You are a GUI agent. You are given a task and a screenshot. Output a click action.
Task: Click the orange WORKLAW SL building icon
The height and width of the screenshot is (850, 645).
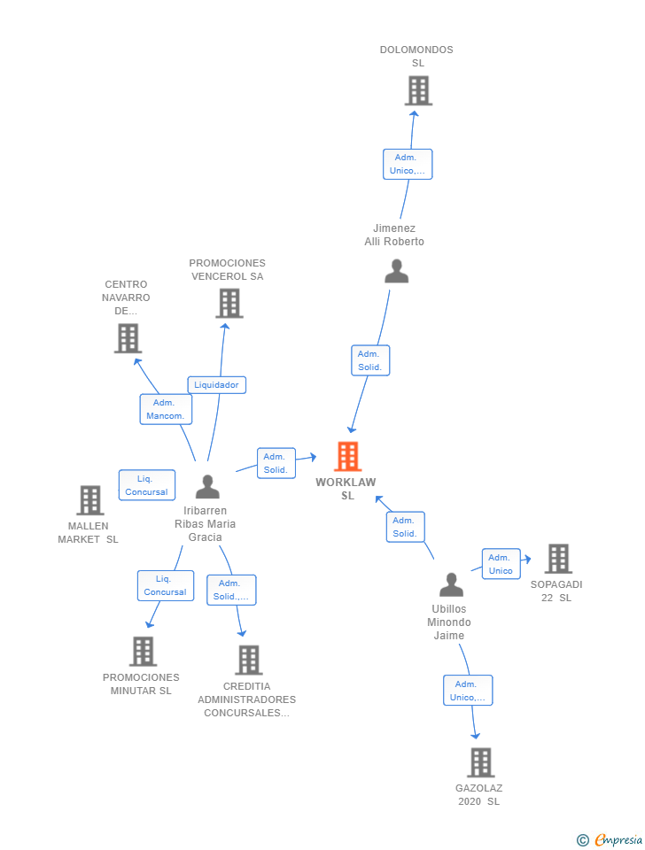pyautogui.click(x=347, y=456)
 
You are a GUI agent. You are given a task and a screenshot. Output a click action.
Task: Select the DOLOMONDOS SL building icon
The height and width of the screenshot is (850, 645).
pyautogui.click(x=417, y=90)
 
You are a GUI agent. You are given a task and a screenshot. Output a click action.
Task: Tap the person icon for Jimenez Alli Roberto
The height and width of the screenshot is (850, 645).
pyautogui.click(x=396, y=271)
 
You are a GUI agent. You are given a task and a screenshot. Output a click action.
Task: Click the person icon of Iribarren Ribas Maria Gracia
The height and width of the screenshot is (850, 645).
pyautogui.click(x=207, y=487)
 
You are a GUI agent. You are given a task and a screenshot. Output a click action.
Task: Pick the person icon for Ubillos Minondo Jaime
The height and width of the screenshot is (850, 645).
pyautogui.click(x=451, y=585)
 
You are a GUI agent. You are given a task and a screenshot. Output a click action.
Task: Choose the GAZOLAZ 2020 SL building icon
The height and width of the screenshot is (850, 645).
pyautogui.click(x=480, y=762)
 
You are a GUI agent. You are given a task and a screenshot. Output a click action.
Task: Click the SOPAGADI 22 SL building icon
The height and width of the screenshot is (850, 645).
pyautogui.click(x=557, y=559)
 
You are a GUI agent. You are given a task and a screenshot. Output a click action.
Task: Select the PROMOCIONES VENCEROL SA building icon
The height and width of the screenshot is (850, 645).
pyautogui.click(x=229, y=304)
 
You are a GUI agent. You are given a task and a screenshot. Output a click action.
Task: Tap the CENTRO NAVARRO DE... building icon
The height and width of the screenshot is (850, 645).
pyautogui.click(x=128, y=338)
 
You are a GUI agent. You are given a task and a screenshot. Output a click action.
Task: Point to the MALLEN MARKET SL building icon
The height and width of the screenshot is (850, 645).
pyautogui.click(x=89, y=500)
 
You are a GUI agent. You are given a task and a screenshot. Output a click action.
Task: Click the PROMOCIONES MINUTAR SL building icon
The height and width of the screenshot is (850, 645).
pyautogui.click(x=143, y=652)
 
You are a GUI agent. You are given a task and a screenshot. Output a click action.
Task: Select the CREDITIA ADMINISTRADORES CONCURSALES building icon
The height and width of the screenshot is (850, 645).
pyautogui.click(x=248, y=660)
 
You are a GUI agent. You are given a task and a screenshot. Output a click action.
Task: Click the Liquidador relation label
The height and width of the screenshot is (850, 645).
pyautogui.click(x=216, y=385)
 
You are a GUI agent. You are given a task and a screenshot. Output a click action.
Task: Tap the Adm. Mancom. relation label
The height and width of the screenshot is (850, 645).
pyautogui.click(x=166, y=409)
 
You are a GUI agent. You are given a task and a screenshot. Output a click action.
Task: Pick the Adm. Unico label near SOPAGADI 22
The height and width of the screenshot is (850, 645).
pyautogui.click(x=501, y=564)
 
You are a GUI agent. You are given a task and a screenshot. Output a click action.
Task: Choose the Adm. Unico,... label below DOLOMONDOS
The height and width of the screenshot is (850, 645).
pyautogui.click(x=408, y=164)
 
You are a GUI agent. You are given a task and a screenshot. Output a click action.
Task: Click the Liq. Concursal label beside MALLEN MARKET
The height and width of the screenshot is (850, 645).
pyautogui.click(x=146, y=485)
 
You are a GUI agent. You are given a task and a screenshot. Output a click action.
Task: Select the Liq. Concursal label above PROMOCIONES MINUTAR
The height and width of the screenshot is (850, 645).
pyautogui.click(x=165, y=585)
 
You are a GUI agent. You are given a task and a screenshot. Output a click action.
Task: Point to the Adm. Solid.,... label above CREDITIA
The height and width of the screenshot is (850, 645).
pyautogui.click(x=231, y=590)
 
